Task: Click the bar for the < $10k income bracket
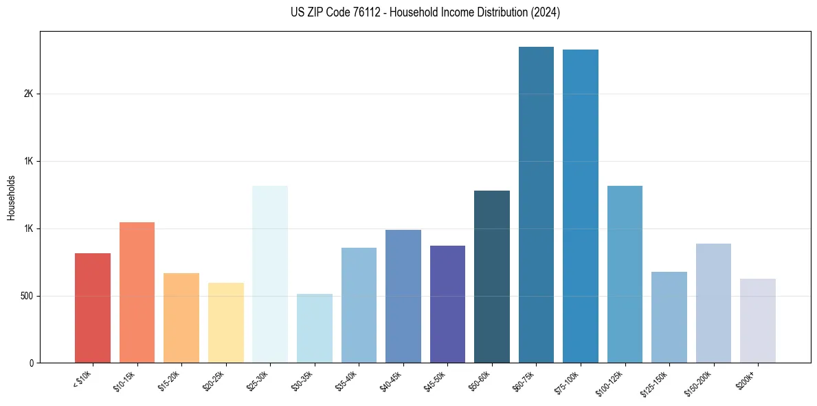93,308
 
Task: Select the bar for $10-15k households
137,292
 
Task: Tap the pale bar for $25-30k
270,274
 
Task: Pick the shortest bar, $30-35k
314,328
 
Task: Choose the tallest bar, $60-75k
536,204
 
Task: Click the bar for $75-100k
581,206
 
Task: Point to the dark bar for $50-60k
492,277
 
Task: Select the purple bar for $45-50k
447,304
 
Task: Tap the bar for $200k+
758,321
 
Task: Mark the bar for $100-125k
625,274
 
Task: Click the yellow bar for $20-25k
225,323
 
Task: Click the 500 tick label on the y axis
26,296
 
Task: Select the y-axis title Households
11,197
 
